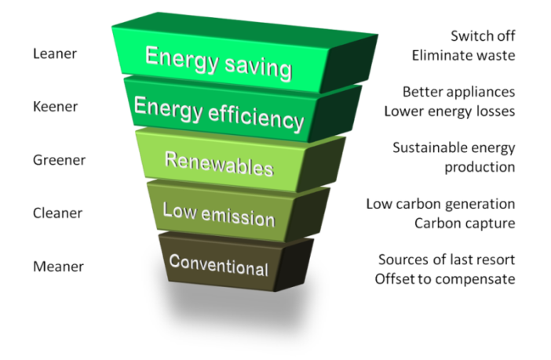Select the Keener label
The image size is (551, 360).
(55, 107)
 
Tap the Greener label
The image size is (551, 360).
(59, 160)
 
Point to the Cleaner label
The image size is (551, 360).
(57, 213)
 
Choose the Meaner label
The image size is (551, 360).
(57, 267)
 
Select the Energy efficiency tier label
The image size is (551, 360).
(218, 114)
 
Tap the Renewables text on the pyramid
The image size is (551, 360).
(218, 163)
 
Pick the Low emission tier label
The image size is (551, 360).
(218, 212)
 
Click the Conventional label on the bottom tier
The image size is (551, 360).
(218, 265)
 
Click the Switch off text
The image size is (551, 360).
(483, 36)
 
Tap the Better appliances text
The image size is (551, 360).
(458, 92)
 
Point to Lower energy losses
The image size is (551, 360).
(449, 111)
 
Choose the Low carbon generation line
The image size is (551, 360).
(440, 204)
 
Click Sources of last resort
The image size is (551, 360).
(446, 260)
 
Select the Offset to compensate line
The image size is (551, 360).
(444, 278)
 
